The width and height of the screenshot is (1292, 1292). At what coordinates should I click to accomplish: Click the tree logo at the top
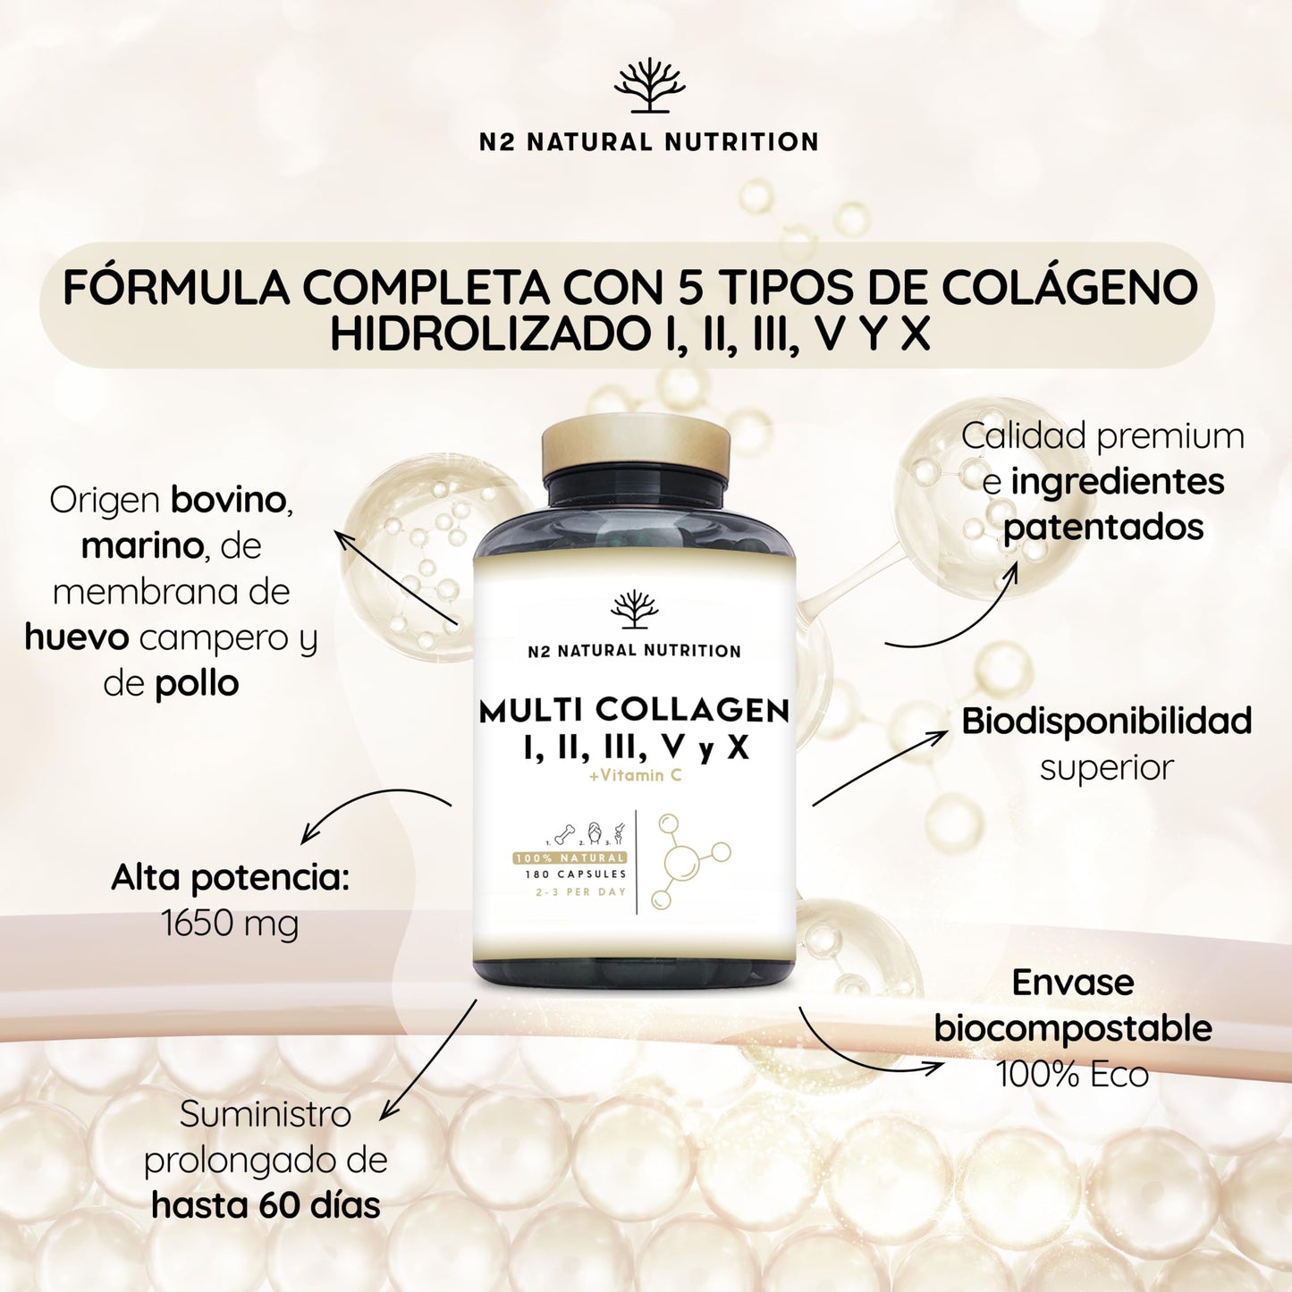pos(649,87)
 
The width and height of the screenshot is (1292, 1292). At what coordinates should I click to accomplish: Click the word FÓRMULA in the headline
pos(176,288)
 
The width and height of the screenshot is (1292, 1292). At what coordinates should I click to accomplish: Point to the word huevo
pos(76,638)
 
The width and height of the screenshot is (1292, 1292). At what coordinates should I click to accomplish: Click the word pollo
pos(197,685)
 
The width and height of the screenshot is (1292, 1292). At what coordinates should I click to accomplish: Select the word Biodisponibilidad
pos(1106,722)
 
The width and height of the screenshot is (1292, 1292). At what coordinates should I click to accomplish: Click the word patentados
pos(1103,527)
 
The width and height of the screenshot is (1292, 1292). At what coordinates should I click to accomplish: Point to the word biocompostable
pos(1073,1028)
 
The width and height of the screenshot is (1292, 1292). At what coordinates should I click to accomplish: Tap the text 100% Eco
pos(1073,1074)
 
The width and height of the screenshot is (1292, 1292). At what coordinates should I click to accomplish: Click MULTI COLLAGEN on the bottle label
pos(634,712)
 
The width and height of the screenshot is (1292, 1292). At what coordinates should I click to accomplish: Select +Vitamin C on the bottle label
pos(634,775)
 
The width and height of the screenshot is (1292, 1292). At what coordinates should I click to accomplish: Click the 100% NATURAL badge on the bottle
pos(570,858)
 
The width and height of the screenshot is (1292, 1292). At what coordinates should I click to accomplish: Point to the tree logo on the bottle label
pos(634,609)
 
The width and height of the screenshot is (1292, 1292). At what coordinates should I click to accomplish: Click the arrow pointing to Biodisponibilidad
pos(880,768)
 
